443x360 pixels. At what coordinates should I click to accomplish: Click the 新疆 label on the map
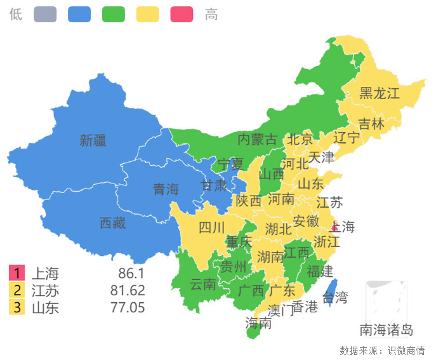[93, 140]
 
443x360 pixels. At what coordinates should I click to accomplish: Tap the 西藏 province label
[112, 223]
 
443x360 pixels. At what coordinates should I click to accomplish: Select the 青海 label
[166, 189]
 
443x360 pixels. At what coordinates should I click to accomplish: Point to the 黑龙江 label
[380, 93]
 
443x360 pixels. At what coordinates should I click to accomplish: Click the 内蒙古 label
[257, 139]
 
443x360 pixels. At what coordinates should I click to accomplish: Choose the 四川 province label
[211, 227]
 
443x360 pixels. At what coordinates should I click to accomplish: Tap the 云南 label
[203, 284]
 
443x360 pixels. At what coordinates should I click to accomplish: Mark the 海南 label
[258, 323]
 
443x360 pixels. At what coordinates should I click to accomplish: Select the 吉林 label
[371, 124]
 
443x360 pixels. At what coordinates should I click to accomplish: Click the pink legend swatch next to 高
[182, 14]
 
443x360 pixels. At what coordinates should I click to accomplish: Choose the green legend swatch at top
[114, 14]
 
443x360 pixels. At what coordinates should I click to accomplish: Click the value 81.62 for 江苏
[128, 291]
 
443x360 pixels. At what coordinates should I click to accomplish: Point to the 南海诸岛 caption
[387, 330]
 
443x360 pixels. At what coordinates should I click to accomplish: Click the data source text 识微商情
[406, 350]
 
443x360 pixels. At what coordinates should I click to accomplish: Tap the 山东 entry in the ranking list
[45, 308]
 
